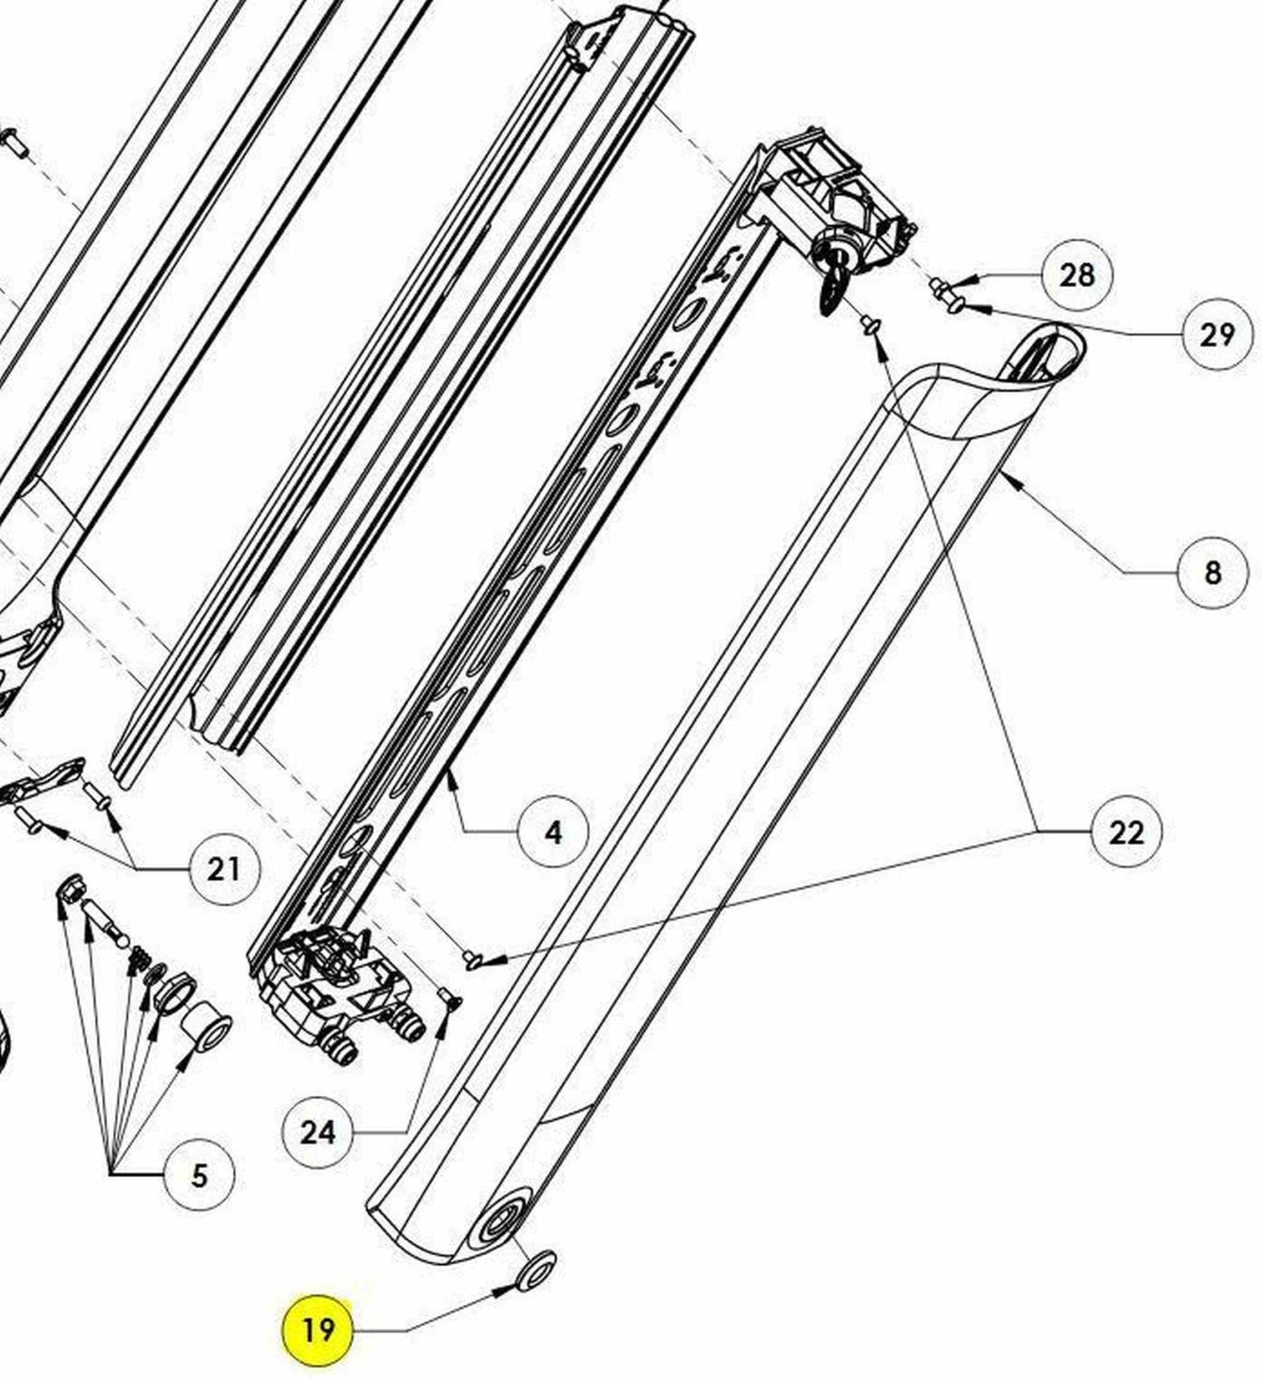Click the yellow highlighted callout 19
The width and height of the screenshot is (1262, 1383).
pos(317,1330)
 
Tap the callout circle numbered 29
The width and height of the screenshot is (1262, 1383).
pos(1217,335)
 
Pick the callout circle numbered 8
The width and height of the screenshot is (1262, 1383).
pos(1212,572)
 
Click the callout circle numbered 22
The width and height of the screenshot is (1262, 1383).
pos(1127,832)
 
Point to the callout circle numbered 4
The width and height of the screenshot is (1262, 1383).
pos(553,833)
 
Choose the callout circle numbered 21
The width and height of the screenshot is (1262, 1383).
pos(224,868)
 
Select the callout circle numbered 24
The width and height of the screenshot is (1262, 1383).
pos(317,1133)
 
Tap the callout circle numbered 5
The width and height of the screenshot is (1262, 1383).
pos(199,1176)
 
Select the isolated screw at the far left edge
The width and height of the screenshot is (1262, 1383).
pos(15,142)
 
